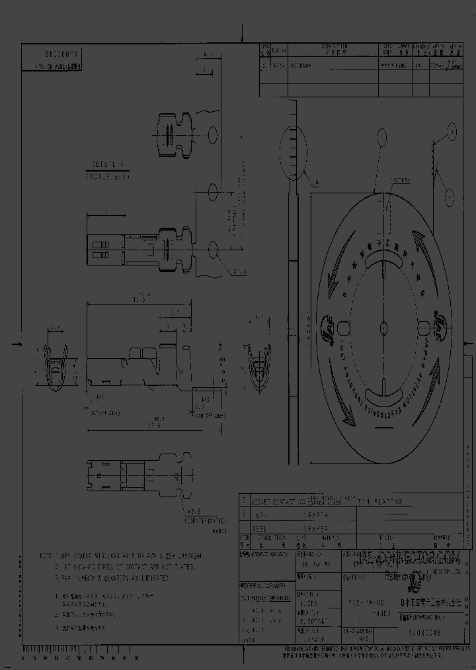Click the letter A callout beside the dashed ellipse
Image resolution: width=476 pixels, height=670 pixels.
coord(317,181)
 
